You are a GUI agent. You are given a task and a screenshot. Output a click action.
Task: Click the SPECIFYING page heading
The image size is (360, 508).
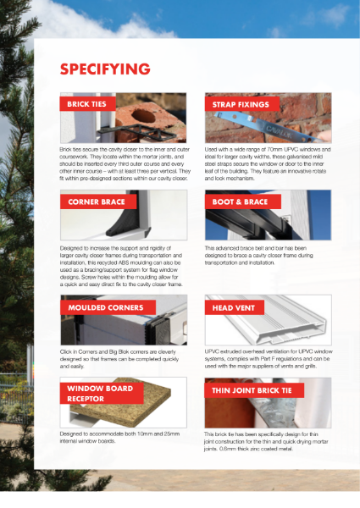point(105,69)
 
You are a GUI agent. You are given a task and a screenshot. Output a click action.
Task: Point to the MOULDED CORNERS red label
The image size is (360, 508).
point(101,306)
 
